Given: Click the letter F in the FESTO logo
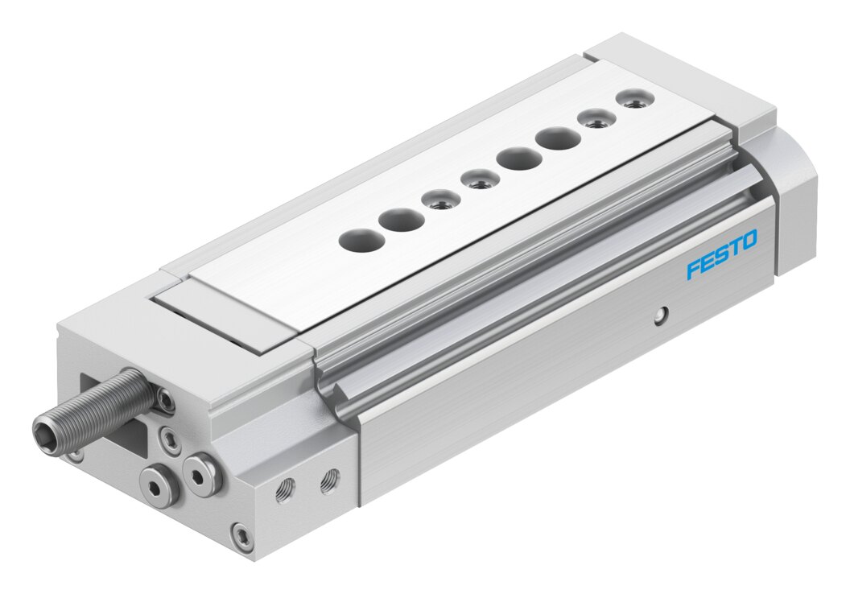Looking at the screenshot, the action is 695,269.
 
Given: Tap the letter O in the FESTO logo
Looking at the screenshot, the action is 748,240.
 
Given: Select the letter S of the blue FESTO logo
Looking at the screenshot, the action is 721,254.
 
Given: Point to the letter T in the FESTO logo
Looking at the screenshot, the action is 734,248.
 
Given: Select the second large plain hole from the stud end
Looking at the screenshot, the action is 401,220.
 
